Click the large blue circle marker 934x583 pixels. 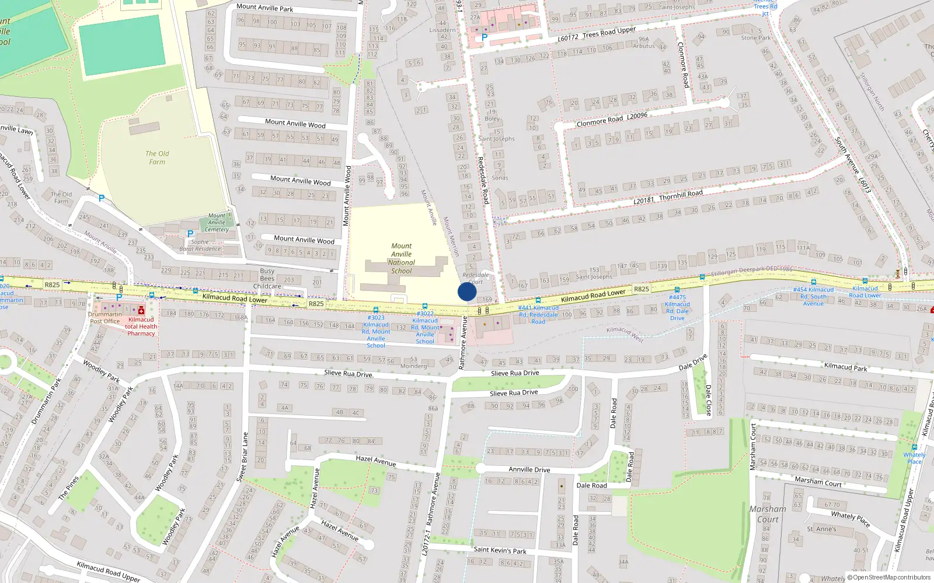[x=467, y=291]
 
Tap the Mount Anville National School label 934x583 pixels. [x=402, y=258]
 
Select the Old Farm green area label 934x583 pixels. [x=157, y=157]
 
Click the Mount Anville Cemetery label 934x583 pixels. [x=217, y=223]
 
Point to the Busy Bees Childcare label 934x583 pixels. [x=267, y=279]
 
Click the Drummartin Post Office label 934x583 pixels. [x=104, y=318]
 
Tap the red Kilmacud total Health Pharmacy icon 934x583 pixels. [x=141, y=311]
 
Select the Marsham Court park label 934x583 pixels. [x=768, y=514]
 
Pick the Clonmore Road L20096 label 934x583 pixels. [x=611, y=120]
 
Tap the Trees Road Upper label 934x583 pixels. [x=609, y=32]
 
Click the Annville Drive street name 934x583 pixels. [x=529, y=469]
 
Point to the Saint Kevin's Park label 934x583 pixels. [x=500, y=550]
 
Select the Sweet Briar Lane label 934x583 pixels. [x=242, y=456]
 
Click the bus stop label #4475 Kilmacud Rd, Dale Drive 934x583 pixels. [x=677, y=307]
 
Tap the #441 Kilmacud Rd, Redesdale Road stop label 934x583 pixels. [x=538, y=315]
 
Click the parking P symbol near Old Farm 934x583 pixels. [x=102, y=198]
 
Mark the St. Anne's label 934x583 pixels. [x=821, y=529]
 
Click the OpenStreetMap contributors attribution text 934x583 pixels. [x=891, y=578]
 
